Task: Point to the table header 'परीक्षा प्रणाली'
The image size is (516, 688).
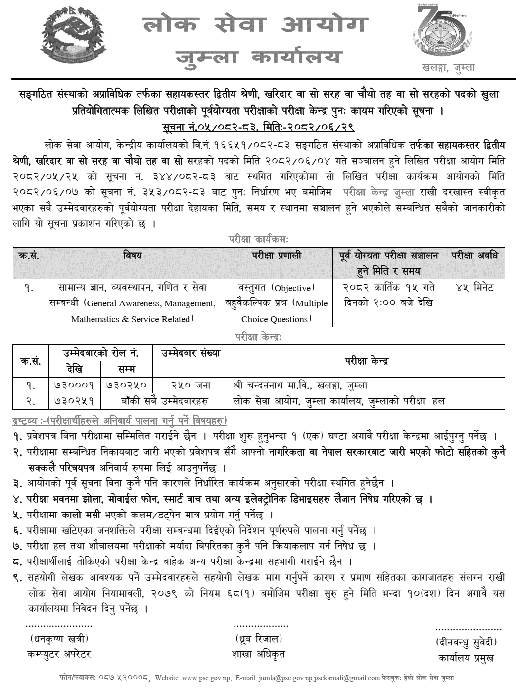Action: [x=276, y=256]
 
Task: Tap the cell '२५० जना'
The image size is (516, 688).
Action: [x=190, y=386]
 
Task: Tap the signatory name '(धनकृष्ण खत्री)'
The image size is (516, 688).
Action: [x=59, y=639]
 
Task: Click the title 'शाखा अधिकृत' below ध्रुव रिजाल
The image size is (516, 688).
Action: [x=258, y=654]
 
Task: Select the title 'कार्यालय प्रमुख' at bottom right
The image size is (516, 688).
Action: [x=466, y=658]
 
